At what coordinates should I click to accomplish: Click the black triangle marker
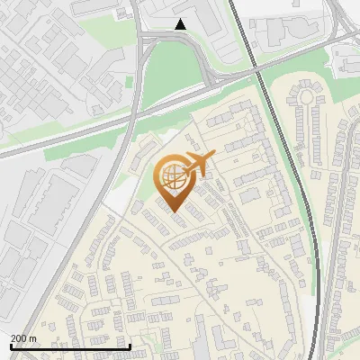[x=181, y=24]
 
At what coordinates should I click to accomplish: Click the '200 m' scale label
[x=23, y=338]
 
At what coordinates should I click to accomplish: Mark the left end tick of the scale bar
[x=10, y=346]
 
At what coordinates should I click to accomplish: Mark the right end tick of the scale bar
[x=130, y=346]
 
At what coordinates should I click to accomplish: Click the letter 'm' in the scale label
[x=32, y=338]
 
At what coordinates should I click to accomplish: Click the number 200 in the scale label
[x=19, y=338]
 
